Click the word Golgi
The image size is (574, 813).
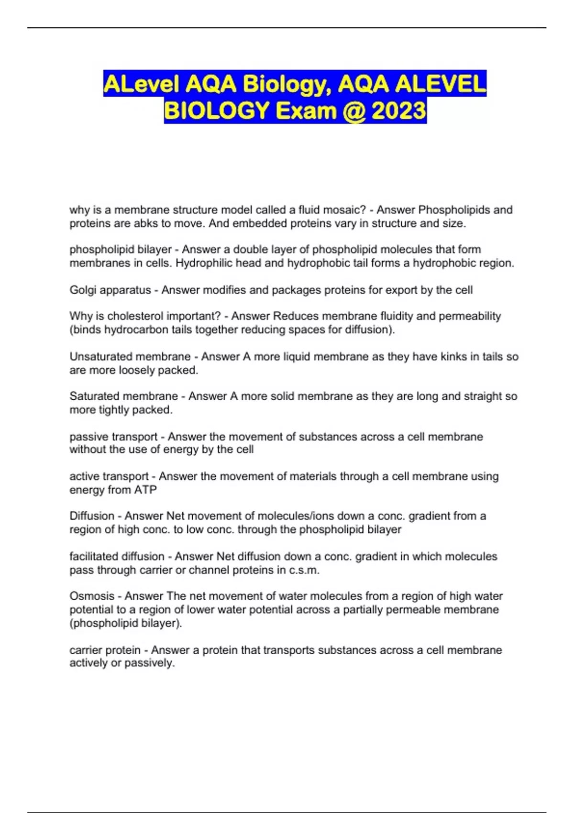pos(83,290)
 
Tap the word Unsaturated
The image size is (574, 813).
pos(99,357)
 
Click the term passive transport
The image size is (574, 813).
pos(113,437)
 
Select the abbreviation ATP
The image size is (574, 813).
pos(145,490)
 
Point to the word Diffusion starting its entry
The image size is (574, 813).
pos(92,516)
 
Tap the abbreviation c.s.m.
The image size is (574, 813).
pos(304,570)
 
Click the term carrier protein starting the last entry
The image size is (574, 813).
pos(105,650)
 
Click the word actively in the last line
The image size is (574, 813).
pos(88,663)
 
